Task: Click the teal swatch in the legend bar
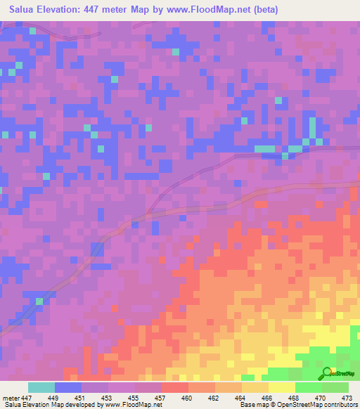(x=41, y=387)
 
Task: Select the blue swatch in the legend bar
(x=68, y=387)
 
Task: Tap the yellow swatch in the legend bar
(x=282, y=387)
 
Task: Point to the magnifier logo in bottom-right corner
(x=327, y=372)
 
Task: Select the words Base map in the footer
(x=250, y=405)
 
